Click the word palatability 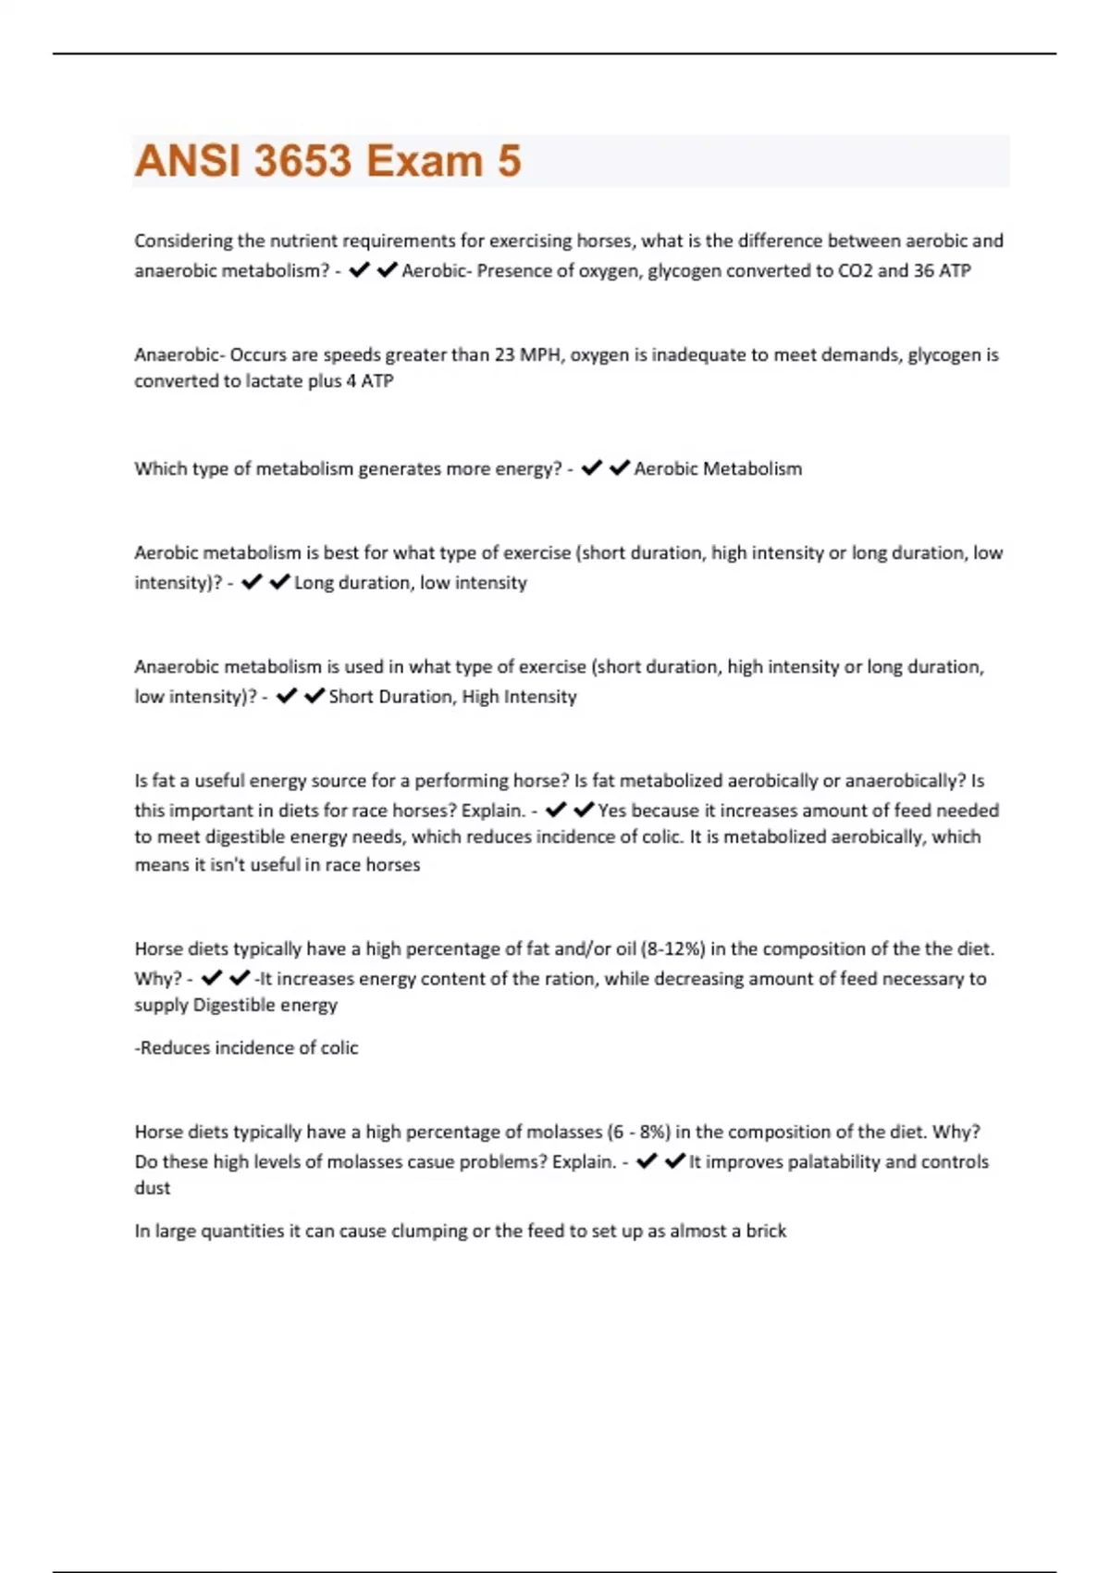click(832, 1162)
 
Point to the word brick click(766, 1232)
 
